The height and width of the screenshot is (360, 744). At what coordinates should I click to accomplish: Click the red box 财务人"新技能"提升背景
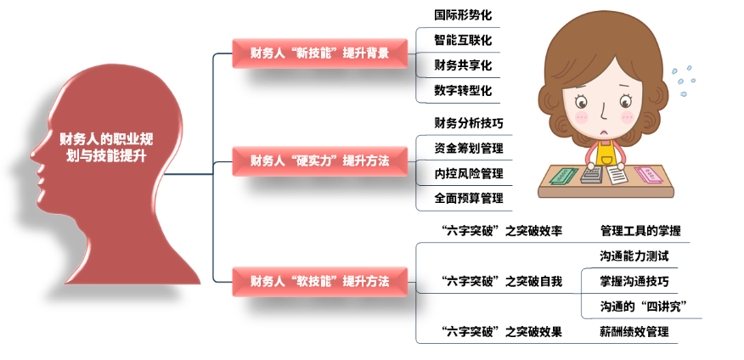(x=320, y=53)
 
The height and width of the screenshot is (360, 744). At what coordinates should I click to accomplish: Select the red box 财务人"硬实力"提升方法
(x=320, y=160)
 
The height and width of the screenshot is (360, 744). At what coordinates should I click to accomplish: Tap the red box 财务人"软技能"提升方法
(x=320, y=281)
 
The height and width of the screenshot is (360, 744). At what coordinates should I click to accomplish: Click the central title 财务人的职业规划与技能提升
(x=106, y=147)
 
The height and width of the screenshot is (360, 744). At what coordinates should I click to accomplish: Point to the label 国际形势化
(x=463, y=15)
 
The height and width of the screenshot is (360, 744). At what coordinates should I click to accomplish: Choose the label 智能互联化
(x=463, y=40)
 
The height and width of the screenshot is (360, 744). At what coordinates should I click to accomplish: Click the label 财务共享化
(x=463, y=65)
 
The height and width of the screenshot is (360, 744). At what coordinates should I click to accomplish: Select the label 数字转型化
(x=463, y=90)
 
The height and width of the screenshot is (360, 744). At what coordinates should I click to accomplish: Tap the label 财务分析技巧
(x=469, y=124)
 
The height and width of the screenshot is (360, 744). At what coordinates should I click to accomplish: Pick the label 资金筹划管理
(x=469, y=149)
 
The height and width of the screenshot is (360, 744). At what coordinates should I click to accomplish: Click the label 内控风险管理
(x=469, y=173)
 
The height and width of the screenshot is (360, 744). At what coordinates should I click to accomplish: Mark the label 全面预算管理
(x=469, y=199)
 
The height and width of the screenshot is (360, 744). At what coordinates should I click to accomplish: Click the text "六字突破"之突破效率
(x=502, y=232)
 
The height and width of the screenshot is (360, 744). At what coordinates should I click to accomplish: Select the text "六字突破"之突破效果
(x=502, y=332)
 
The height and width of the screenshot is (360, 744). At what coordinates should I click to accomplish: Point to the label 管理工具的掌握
(x=640, y=232)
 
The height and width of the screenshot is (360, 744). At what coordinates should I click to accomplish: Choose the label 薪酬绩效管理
(x=634, y=332)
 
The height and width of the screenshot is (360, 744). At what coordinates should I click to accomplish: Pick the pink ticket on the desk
(x=651, y=175)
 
